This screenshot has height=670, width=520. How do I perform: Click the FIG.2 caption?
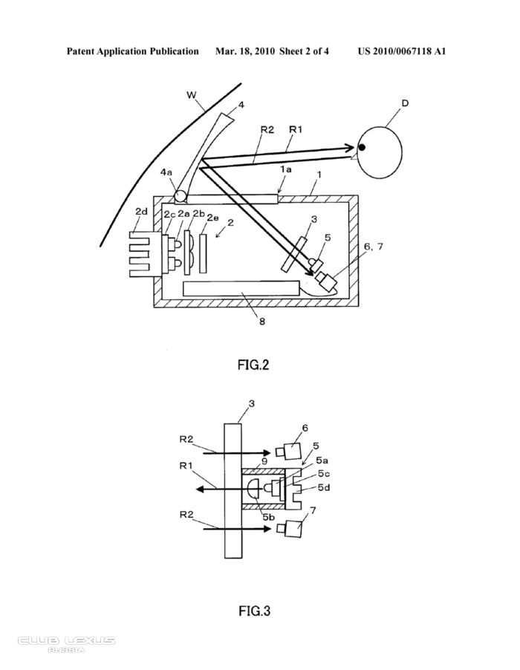click(253, 365)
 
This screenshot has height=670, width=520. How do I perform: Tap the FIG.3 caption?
click(255, 611)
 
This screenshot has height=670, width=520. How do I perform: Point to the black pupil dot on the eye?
click(362, 147)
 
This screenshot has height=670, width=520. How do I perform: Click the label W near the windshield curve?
click(192, 95)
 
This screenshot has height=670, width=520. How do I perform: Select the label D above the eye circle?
click(405, 103)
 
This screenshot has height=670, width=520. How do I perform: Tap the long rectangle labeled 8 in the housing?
click(241, 288)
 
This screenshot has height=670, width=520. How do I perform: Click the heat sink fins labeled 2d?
click(140, 253)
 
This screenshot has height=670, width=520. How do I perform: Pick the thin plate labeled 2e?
click(204, 253)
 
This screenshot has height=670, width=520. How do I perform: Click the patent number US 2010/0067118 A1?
click(402, 52)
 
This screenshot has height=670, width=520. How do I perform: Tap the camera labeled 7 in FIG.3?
click(289, 528)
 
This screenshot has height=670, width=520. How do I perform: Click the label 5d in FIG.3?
click(324, 487)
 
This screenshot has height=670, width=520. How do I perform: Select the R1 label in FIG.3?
click(186, 465)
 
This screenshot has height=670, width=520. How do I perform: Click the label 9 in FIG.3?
click(264, 461)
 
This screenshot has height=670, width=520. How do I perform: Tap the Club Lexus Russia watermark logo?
click(66, 644)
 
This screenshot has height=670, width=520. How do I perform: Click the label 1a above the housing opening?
click(286, 169)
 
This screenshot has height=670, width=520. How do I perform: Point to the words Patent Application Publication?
click(132, 52)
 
